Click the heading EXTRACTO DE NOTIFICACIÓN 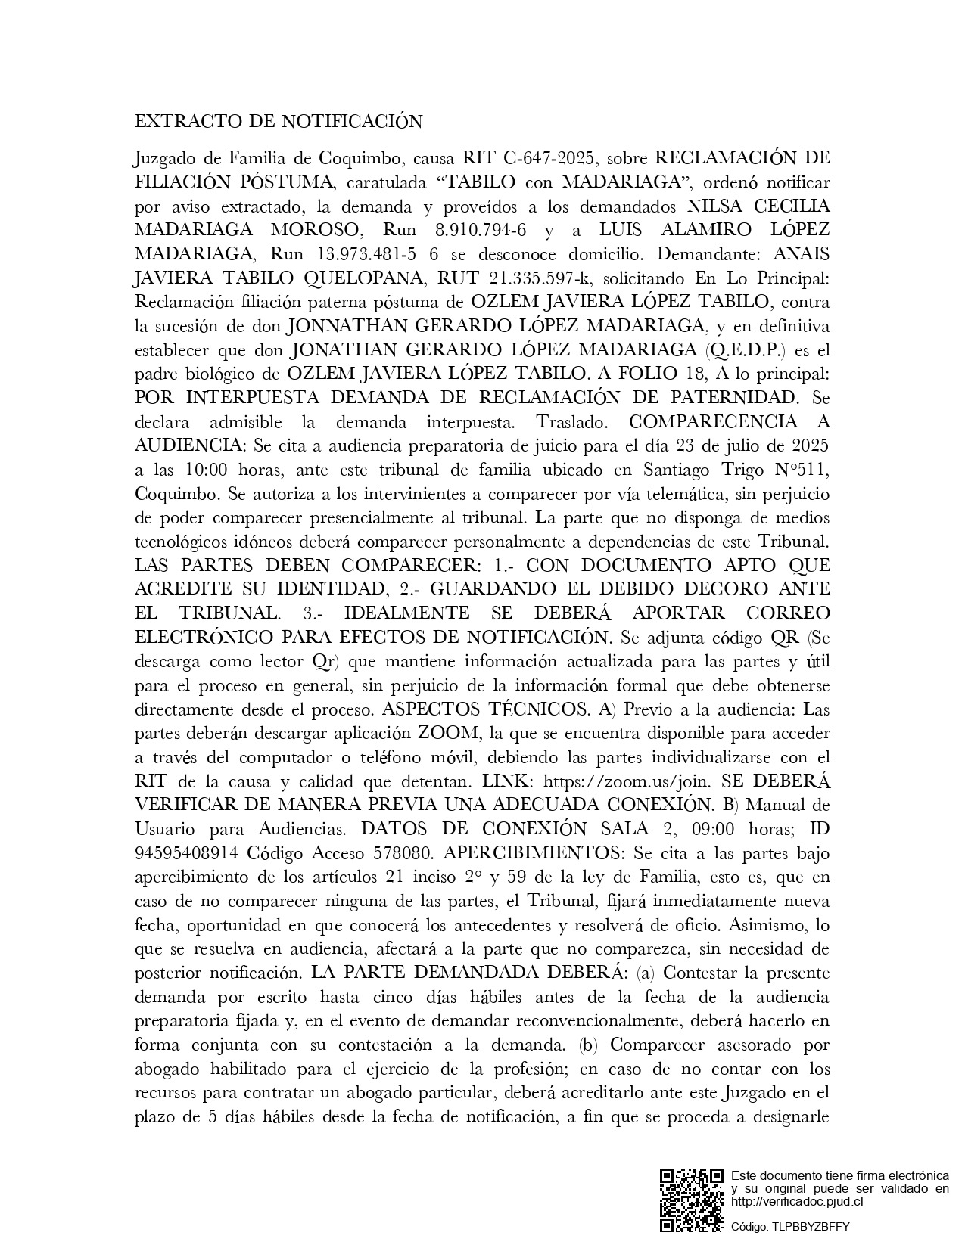tap(278, 122)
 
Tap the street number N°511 tap(798, 470)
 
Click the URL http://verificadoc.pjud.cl tap(797, 1200)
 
